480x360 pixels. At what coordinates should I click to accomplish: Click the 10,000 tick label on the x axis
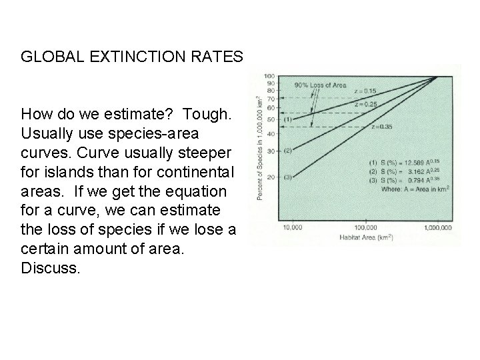click(293, 227)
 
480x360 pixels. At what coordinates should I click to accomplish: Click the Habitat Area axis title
click(364, 237)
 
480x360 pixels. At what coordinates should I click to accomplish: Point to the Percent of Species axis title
click(257, 147)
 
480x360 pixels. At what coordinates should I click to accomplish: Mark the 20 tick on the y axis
click(271, 177)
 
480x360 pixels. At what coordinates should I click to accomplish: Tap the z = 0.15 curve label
click(365, 91)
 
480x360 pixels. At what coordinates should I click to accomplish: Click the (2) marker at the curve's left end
click(288, 150)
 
